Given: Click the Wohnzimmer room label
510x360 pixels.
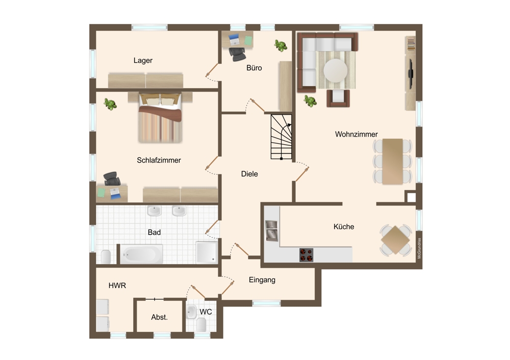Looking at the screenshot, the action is click(x=356, y=134).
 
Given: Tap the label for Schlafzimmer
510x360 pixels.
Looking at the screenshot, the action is click(x=159, y=160).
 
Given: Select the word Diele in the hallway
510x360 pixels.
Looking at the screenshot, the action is click(x=249, y=174).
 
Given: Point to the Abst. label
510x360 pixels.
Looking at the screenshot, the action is click(x=159, y=317).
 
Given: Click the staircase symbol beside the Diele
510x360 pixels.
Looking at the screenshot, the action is click(x=282, y=137).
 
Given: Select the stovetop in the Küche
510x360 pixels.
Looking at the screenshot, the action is click(x=306, y=255).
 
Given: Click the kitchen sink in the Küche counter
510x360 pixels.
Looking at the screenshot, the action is click(x=272, y=230).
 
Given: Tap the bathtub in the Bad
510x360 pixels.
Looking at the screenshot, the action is click(x=141, y=254).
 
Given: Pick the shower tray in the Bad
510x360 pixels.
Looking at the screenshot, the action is click(x=207, y=252).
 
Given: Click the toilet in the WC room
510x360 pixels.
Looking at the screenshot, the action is click(x=201, y=324).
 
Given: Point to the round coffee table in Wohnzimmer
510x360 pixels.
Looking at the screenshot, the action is click(x=336, y=70).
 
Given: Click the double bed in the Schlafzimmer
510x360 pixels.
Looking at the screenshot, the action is click(x=160, y=118).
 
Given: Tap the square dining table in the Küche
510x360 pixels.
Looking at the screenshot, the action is click(x=396, y=240).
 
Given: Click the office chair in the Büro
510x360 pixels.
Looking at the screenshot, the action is click(x=237, y=54).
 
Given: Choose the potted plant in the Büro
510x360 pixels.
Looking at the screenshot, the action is click(x=280, y=45).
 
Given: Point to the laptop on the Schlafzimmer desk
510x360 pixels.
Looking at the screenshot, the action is click(x=115, y=193).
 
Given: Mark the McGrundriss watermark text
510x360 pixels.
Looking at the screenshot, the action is click(x=419, y=248).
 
